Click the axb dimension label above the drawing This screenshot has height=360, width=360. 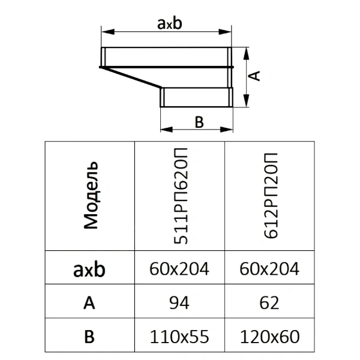click(169, 23)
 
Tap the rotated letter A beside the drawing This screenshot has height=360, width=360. click(254, 76)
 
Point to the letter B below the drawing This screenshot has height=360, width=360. click(199, 122)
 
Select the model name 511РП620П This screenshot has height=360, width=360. click(181, 196)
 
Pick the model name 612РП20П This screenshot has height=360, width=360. click(271, 196)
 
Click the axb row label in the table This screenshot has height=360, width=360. click(89, 269)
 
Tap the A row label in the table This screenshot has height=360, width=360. click(89, 303)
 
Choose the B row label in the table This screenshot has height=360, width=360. click(89, 337)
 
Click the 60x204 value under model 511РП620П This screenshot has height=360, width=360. click(179, 269)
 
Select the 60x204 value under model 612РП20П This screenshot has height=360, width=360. click(269, 269)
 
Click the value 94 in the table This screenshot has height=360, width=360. click(179, 303)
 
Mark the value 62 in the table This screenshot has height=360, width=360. click(269, 303)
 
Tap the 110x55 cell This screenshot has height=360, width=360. click(179, 337)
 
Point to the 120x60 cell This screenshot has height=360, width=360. click(269, 337)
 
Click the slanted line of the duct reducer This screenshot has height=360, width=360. click(131, 77)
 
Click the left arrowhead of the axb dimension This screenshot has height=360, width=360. click(108, 32)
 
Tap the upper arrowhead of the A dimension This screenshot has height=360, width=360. click(246, 54)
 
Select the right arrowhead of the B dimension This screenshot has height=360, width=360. click(226, 130)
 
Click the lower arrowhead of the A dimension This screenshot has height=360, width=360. click(246, 101)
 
